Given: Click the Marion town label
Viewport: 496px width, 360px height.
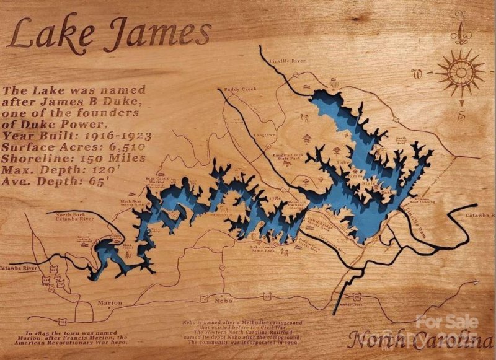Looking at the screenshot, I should click(x=110, y=303).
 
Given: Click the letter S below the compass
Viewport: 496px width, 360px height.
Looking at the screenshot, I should click(x=461, y=116).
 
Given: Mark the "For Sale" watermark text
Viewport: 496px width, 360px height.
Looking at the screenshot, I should click(x=447, y=322).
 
